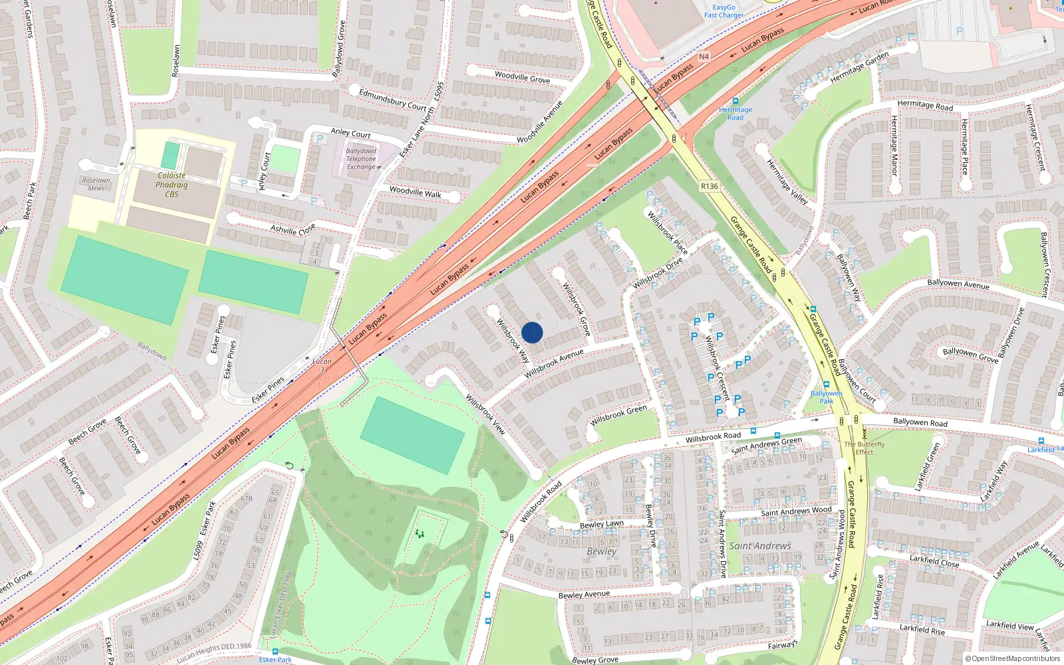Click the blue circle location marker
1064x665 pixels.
[x=532, y=332]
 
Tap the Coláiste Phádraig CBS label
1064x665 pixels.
[x=172, y=185]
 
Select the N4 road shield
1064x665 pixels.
[x=704, y=57]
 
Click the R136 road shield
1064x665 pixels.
[x=709, y=186]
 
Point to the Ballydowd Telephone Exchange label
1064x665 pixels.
[x=361, y=159]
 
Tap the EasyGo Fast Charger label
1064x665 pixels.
[x=724, y=11]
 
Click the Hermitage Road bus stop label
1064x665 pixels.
[x=735, y=113]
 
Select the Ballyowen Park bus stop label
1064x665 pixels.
[x=826, y=397]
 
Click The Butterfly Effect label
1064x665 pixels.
[x=864, y=448]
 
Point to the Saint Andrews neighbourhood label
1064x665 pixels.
[x=760, y=546]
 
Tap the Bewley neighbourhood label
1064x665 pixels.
[x=601, y=551]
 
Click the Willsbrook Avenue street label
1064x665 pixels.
[x=553, y=364]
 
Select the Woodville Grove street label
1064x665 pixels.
[x=522, y=77]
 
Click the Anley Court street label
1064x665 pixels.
[x=350, y=133]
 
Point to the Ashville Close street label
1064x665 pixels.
[x=293, y=229]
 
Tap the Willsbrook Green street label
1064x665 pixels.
[x=618, y=416]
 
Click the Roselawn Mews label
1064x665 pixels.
[x=96, y=184]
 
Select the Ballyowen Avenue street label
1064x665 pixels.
[x=958, y=284]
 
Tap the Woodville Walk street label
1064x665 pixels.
[x=415, y=192]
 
